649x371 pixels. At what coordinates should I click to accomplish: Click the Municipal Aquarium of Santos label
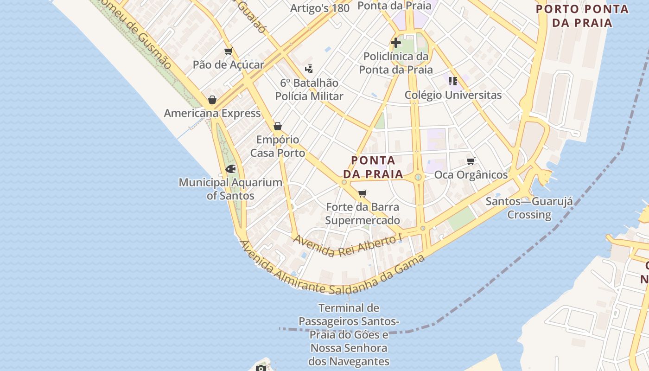[230, 189]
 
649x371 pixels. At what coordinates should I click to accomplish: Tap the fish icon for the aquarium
[230, 169]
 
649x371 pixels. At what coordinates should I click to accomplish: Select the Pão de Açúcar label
[228, 65]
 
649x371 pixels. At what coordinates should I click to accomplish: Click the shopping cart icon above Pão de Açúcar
[228, 51]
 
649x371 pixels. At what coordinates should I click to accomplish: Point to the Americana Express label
[212, 113]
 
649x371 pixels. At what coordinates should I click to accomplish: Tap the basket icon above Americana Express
[212, 100]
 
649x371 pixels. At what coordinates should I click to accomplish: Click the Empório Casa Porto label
[278, 146]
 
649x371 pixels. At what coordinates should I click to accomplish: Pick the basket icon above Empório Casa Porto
[278, 126]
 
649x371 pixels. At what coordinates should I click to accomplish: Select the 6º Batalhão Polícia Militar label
[309, 90]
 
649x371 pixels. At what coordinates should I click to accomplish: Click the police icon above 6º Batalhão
[309, 70]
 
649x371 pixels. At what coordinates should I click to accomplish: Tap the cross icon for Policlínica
[396, 43]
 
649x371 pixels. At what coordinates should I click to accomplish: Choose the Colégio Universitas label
[453, 95]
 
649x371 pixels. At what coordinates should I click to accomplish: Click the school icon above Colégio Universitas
[453, 82]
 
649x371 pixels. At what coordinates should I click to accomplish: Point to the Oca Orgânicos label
[471, 175]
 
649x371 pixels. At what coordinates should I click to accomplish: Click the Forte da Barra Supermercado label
[363, 213]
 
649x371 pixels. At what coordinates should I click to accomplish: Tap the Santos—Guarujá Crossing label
[529, 208]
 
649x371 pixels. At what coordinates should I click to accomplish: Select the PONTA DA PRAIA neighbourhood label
[373, 167]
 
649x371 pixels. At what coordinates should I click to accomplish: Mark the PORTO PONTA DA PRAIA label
[582, 15]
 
